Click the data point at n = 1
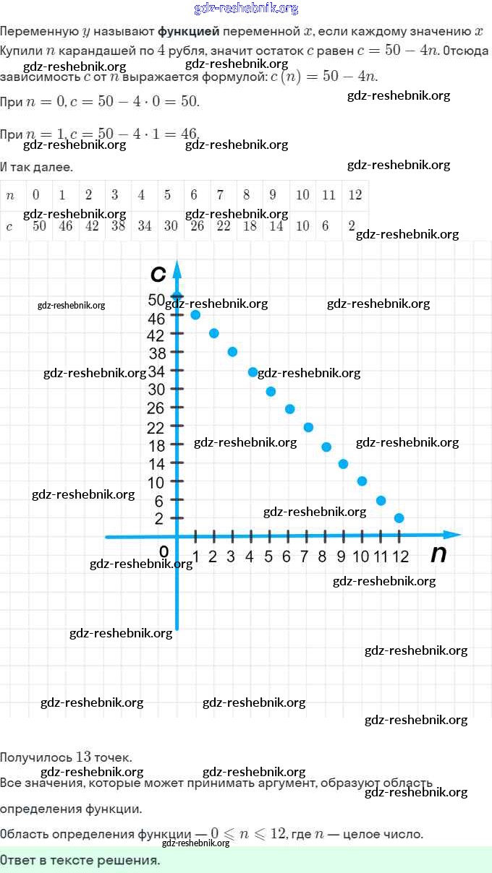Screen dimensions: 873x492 click(x=195, y=314)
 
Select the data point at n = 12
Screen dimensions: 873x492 click(x=399, y=518)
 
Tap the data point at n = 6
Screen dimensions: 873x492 click(x=289, y=409)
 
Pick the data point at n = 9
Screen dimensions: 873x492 click(x=343, y=464)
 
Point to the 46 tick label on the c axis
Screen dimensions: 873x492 click(x=156, y=318)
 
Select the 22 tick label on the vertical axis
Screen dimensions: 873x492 click(x=156, y=428)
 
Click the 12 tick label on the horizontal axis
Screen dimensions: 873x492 click(x=400, y=556)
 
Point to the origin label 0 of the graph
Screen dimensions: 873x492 click(x=164, y=552)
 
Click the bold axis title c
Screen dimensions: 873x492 click(x=158, y=274)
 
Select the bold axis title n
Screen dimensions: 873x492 click(x=438, y=554)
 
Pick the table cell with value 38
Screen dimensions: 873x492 click(x=114, y=226)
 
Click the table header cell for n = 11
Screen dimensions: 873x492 click(x=329, y=194)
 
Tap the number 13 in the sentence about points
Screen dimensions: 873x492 click(x=83, y=757)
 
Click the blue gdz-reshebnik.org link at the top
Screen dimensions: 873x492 click(x=246, y=9)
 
